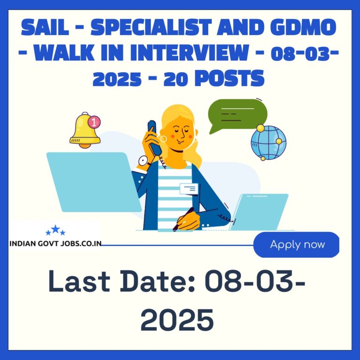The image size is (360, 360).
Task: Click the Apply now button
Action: (296, 245)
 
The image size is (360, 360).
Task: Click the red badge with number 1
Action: (94, 122)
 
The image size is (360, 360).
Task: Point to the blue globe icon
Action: (269, 142)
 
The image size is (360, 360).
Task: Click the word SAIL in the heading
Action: (45, 27)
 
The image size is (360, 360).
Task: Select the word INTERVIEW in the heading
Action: (189, 52)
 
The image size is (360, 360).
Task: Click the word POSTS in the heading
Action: (230, 78)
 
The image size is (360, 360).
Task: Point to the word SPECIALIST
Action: (151, 27)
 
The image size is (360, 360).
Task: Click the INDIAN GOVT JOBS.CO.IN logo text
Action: (56, 243)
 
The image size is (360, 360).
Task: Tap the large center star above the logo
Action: (55, 229)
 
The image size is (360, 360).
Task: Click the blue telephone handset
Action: (154, 137)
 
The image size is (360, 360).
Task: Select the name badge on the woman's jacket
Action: (189, 189)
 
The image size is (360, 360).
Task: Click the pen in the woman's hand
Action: (183, 219)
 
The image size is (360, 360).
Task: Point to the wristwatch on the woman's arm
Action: (143, 161)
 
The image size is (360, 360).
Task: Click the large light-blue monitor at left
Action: (94, 182)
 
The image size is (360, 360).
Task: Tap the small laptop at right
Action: (259, 212)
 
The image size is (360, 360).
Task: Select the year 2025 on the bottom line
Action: (177, 320)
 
